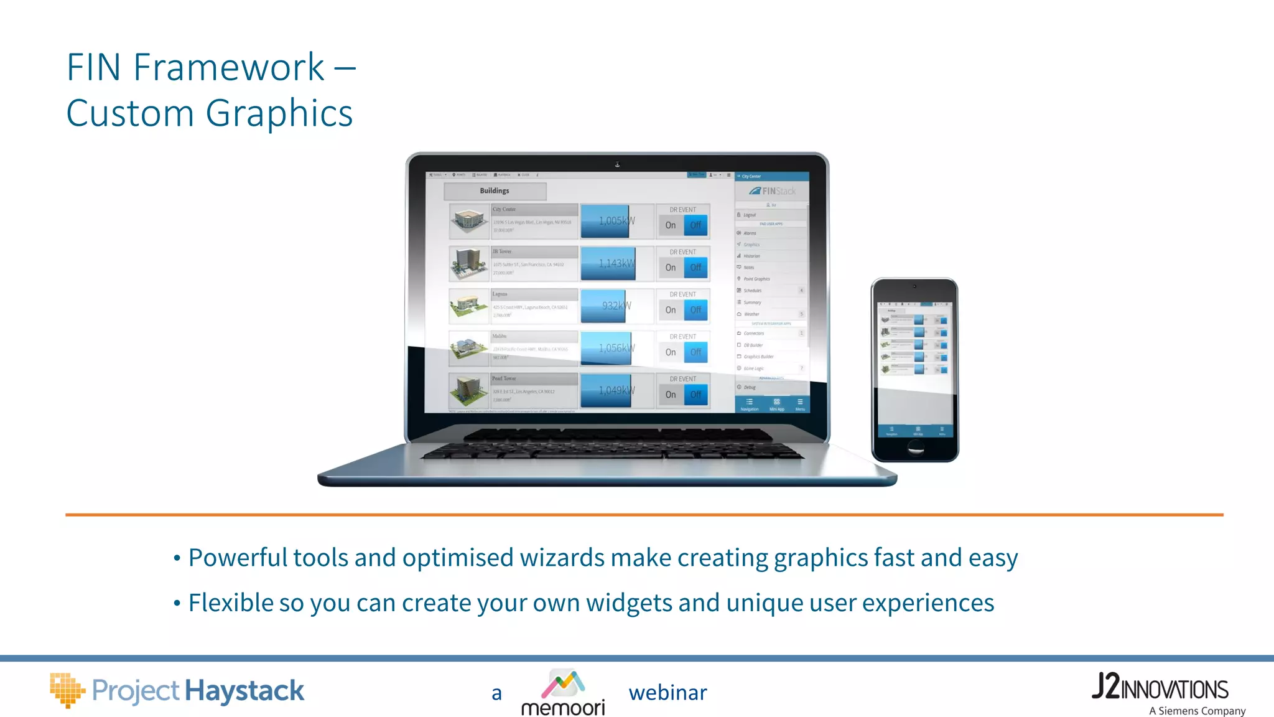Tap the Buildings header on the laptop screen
tap(495, 191)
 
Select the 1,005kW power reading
tap(616, 221)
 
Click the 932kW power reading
tap(615, 306)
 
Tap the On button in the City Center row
tap(671, 225)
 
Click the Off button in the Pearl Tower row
tap(695, 395)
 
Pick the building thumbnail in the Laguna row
tap(468, 306)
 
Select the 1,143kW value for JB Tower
tap(616, 263)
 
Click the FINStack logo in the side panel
tap(772, 191)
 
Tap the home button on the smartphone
tap(915, 447)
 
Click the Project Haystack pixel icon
tap(67, 690)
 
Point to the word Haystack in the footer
tap(244, 691)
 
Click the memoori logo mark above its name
tap(563, 683)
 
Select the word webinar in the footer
tap(667, 693)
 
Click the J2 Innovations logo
tap(1160, 687)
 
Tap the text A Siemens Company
tap(1197, 711)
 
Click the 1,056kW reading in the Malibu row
tap(616, 348)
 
